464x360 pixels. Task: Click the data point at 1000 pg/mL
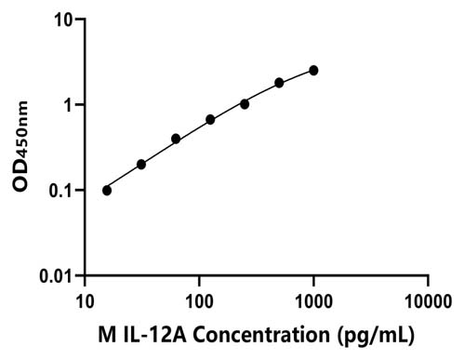tap(313, 71)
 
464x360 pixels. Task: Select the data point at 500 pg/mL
tap(279, 83)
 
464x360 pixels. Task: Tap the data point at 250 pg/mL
tap(245, 104)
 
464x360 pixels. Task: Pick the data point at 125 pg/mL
tap(210, 120)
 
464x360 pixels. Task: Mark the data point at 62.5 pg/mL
tap(176, 139)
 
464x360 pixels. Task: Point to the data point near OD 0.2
tap(141, 165)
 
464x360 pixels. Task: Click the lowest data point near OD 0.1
tap(107, 191)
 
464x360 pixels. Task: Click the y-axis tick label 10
tap(63, 20)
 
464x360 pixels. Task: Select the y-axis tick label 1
tap(69, 105)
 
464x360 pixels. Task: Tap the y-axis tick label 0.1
tap(61, 191)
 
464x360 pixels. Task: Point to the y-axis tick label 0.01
tap(56, 276)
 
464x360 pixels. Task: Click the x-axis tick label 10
tap(85, 301)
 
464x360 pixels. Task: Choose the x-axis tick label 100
tap(199, 301)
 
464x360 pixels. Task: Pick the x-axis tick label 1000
tap(313, 301)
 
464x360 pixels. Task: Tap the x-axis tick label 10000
tap(429, 301)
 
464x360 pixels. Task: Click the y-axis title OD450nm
tap(20, 146)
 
